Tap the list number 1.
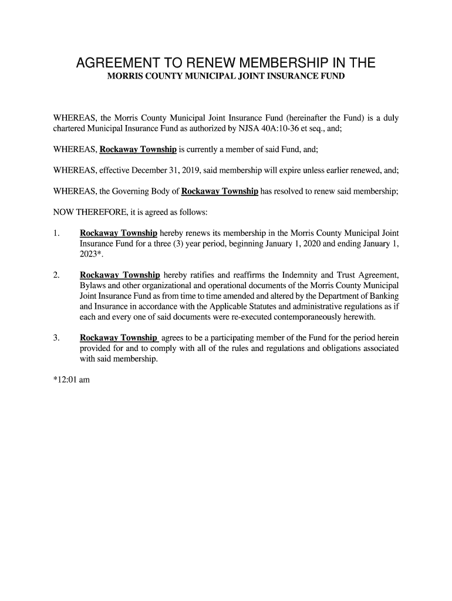click(56, 233)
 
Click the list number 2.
click(56, 275)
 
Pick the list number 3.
click(56, 338)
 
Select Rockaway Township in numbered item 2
click(120, 275)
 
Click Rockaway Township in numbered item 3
click(119, 338)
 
